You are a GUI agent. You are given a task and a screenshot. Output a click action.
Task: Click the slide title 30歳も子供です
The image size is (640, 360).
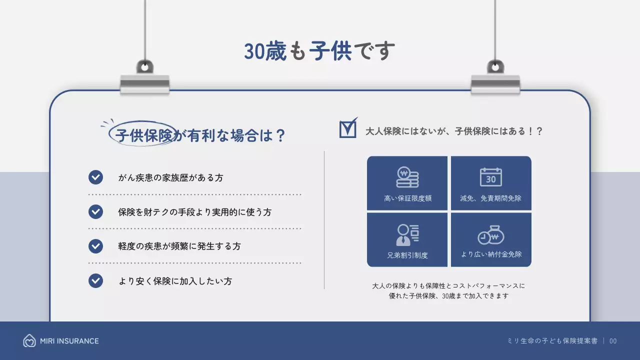[319, 51]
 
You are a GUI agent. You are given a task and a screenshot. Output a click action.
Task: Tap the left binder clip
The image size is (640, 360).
[145, 80]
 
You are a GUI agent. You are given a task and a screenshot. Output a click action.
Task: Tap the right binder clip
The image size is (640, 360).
[495, 80]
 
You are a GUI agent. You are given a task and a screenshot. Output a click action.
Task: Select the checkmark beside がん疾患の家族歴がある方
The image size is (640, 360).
[95, 177]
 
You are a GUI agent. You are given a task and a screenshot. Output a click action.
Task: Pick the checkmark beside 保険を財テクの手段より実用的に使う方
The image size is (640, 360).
[95, 212]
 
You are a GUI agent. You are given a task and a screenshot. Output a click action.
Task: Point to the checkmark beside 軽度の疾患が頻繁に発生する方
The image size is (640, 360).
[95, 246]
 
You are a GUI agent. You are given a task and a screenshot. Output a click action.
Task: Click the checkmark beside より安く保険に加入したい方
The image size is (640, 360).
[95, 281]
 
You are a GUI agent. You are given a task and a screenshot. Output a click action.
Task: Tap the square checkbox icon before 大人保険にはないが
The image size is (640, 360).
[348, 128]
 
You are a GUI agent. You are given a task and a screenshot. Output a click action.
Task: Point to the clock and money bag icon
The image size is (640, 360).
[491, 235]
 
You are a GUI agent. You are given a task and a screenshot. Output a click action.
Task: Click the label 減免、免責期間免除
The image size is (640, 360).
[491, 198]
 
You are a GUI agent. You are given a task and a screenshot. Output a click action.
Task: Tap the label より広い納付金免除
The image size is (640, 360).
[491, 254]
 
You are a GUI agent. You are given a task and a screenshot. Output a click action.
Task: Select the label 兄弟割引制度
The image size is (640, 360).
[407, 255]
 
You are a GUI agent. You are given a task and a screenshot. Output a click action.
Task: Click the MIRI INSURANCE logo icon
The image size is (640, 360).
[29, 341]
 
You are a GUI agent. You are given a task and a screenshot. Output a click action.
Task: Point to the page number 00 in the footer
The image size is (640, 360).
[613, 341]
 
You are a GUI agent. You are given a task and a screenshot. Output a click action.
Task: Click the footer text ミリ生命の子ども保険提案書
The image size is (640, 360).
[552, 341]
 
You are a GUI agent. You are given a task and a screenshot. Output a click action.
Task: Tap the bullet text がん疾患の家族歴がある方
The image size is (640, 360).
[170, 177]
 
